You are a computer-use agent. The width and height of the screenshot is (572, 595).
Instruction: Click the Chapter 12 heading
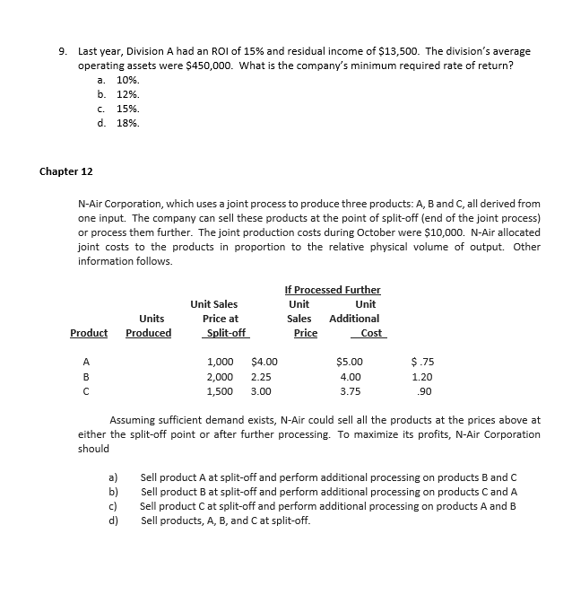(67, 171)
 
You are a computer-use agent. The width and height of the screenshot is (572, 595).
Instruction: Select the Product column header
(89, 333)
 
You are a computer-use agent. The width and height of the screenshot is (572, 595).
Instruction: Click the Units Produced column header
(149, 326)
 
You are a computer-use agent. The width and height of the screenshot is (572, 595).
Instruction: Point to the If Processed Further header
(332, 290)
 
